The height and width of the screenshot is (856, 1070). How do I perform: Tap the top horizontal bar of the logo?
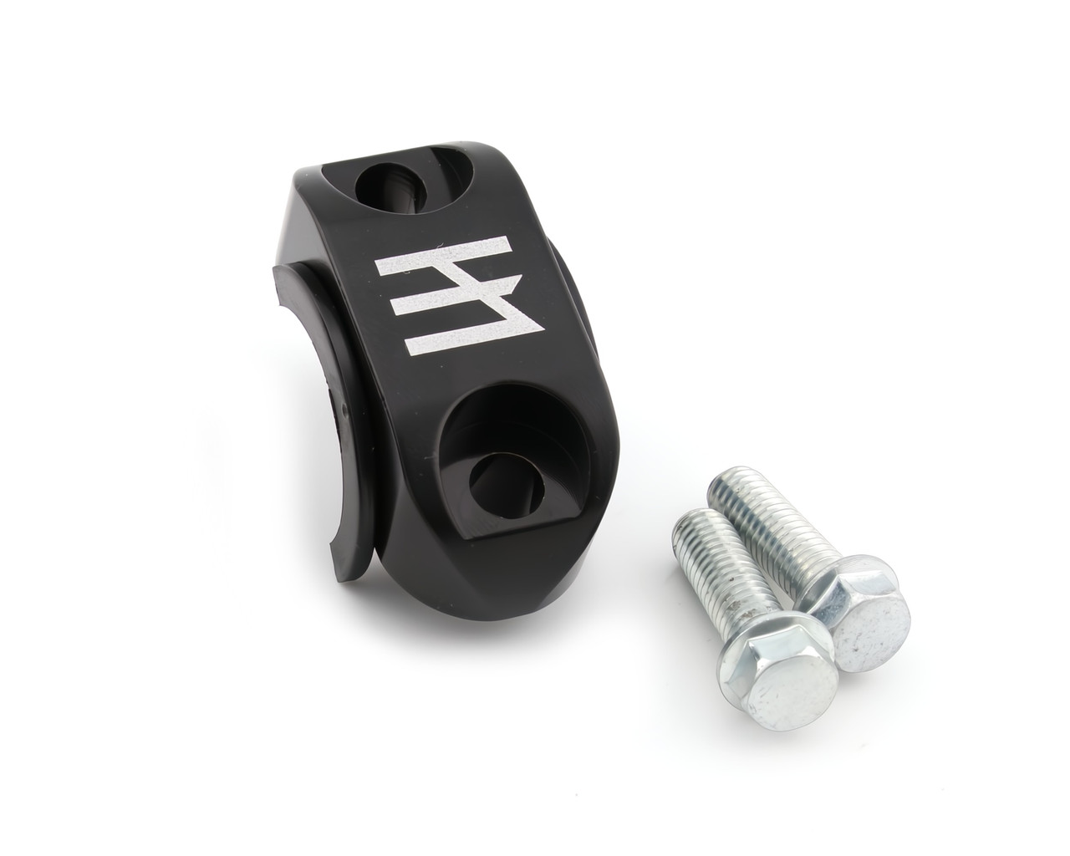tap(445, 256)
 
